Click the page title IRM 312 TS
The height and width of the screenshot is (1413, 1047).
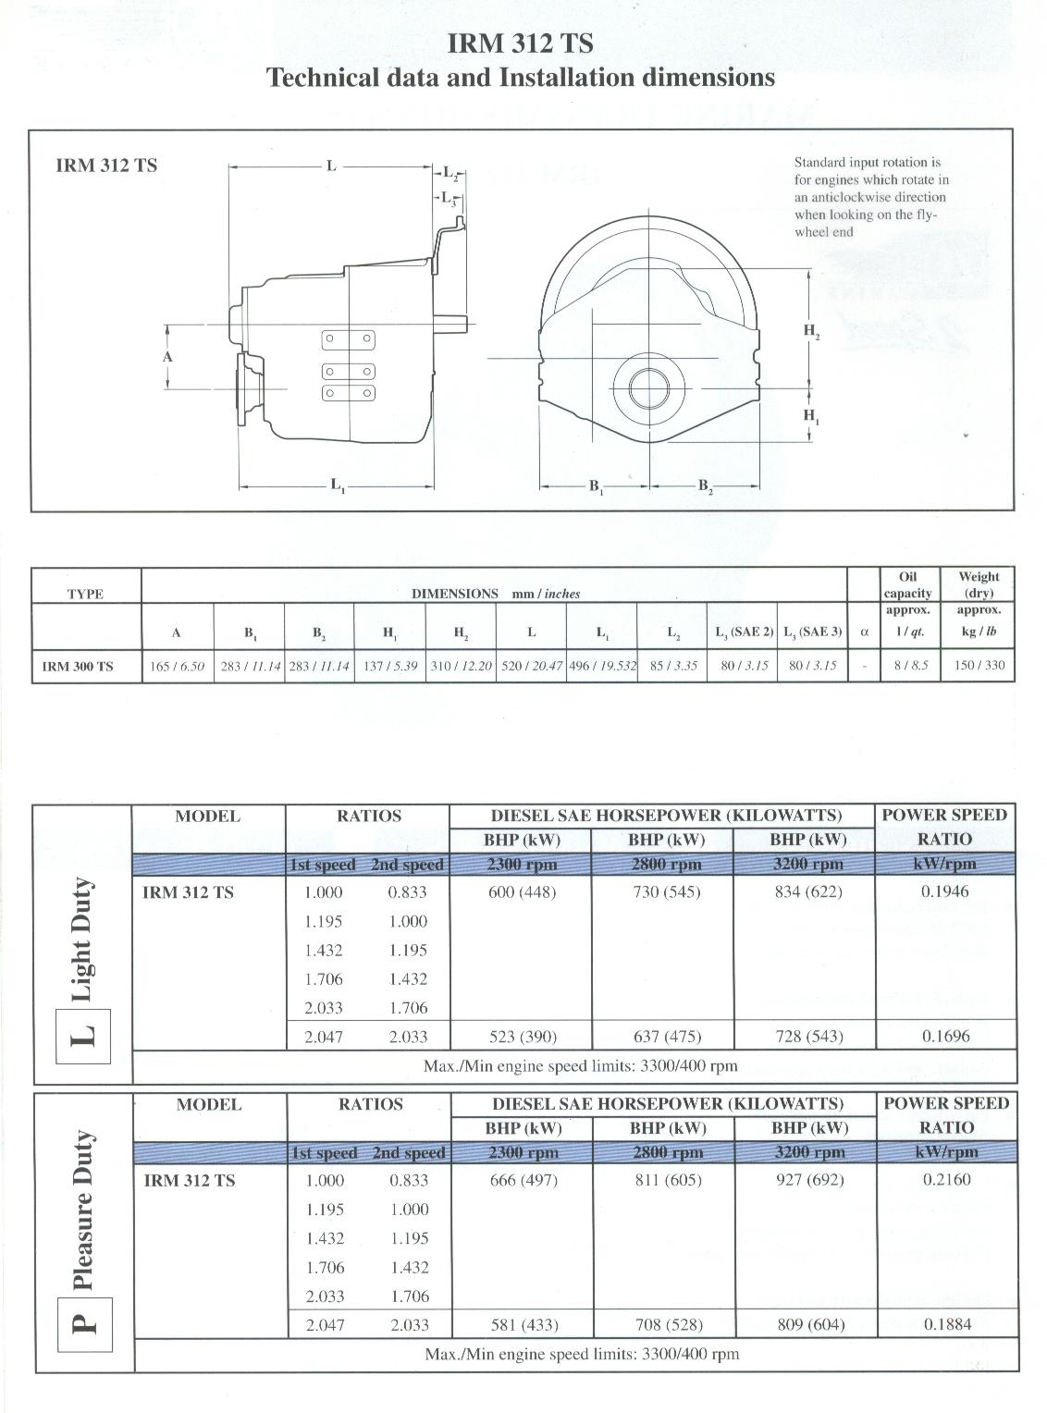click(520, 43)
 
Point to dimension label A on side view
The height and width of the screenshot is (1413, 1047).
click(167, 356)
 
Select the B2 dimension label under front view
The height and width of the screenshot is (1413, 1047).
click(705, 485)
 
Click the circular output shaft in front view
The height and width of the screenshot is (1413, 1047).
click(650, 386)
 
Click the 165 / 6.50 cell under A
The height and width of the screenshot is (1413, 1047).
click(178, 666)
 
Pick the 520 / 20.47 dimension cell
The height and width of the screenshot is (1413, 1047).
click(532, 666)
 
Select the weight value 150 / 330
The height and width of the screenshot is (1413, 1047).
click(979, 666)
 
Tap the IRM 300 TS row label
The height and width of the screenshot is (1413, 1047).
click(79, 666)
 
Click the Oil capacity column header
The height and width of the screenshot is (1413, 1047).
click(907, 584)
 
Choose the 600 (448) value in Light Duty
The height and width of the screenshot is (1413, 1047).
click(522, 892)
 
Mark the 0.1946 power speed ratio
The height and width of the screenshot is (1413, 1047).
click(945, 891)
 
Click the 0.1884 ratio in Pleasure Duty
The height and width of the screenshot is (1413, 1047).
click(947, 1323)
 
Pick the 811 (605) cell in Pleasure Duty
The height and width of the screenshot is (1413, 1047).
click(668, 1180)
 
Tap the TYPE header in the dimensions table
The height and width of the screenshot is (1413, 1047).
click(85, 594)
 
